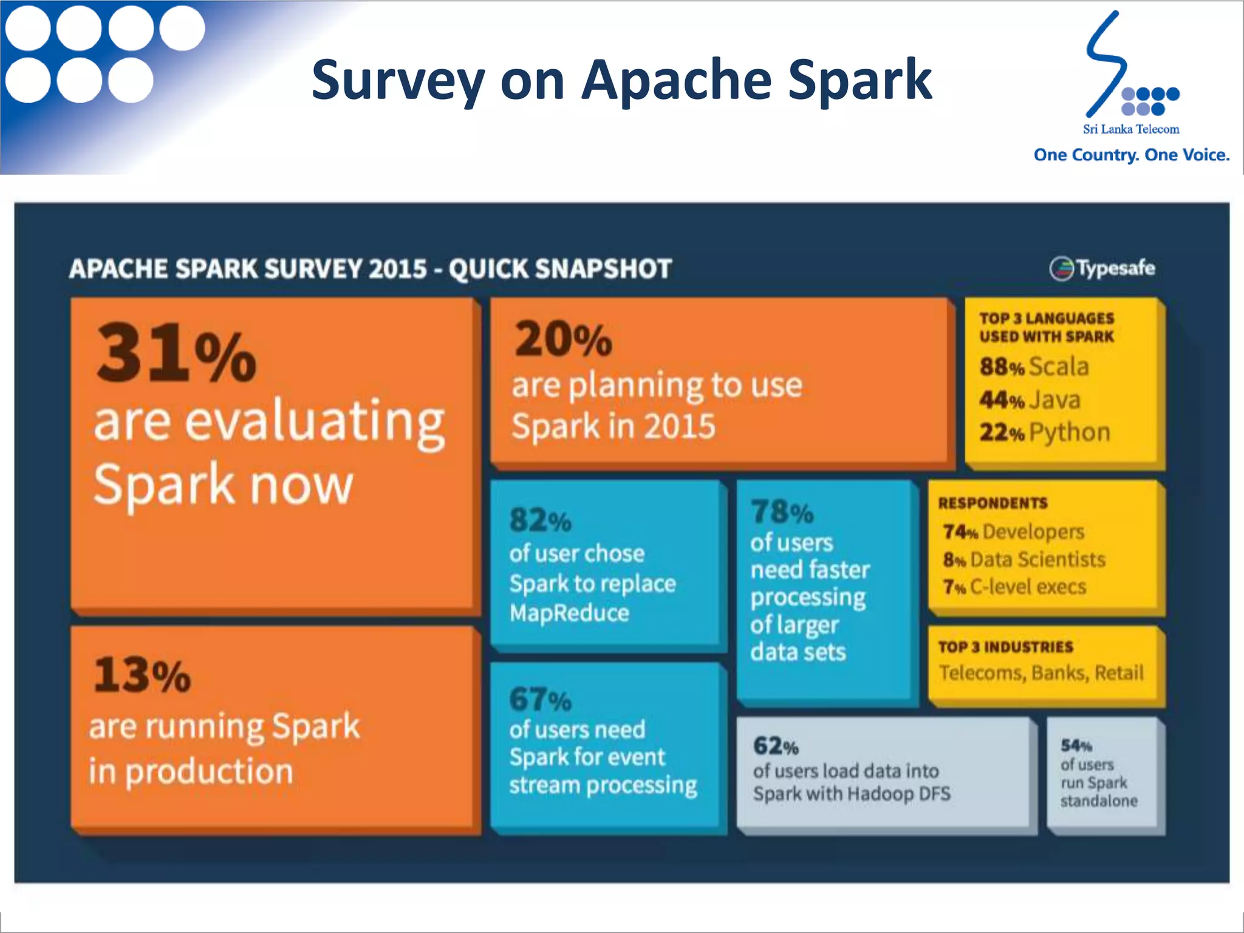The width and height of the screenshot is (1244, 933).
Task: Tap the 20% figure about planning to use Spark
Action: pos(562,340)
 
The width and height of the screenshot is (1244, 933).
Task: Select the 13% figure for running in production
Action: pos(142,675)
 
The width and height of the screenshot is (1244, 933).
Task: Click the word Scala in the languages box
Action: pos(1059,367)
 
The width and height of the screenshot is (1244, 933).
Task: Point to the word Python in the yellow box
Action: pos(1070,432)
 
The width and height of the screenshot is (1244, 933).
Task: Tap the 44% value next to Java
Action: pos(1002,400)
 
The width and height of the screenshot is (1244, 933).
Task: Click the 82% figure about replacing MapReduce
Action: pos(540,520)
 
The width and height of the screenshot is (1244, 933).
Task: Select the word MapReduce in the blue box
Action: pos(569,613)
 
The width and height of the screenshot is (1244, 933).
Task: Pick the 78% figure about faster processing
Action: pos(782,512)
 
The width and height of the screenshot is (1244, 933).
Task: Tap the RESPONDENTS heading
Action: pos(993,503)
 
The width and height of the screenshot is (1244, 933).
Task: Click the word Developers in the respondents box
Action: pos(1033,531)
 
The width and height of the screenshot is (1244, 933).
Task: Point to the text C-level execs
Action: pos(1028,587)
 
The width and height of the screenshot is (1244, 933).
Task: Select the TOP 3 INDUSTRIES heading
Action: pos(1005,647)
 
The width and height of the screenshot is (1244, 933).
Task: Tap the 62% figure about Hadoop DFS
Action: pos(775,746)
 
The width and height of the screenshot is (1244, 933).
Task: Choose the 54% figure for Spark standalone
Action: pos(1076,745)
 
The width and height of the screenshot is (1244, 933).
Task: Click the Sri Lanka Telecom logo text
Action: pos(1131,129)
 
